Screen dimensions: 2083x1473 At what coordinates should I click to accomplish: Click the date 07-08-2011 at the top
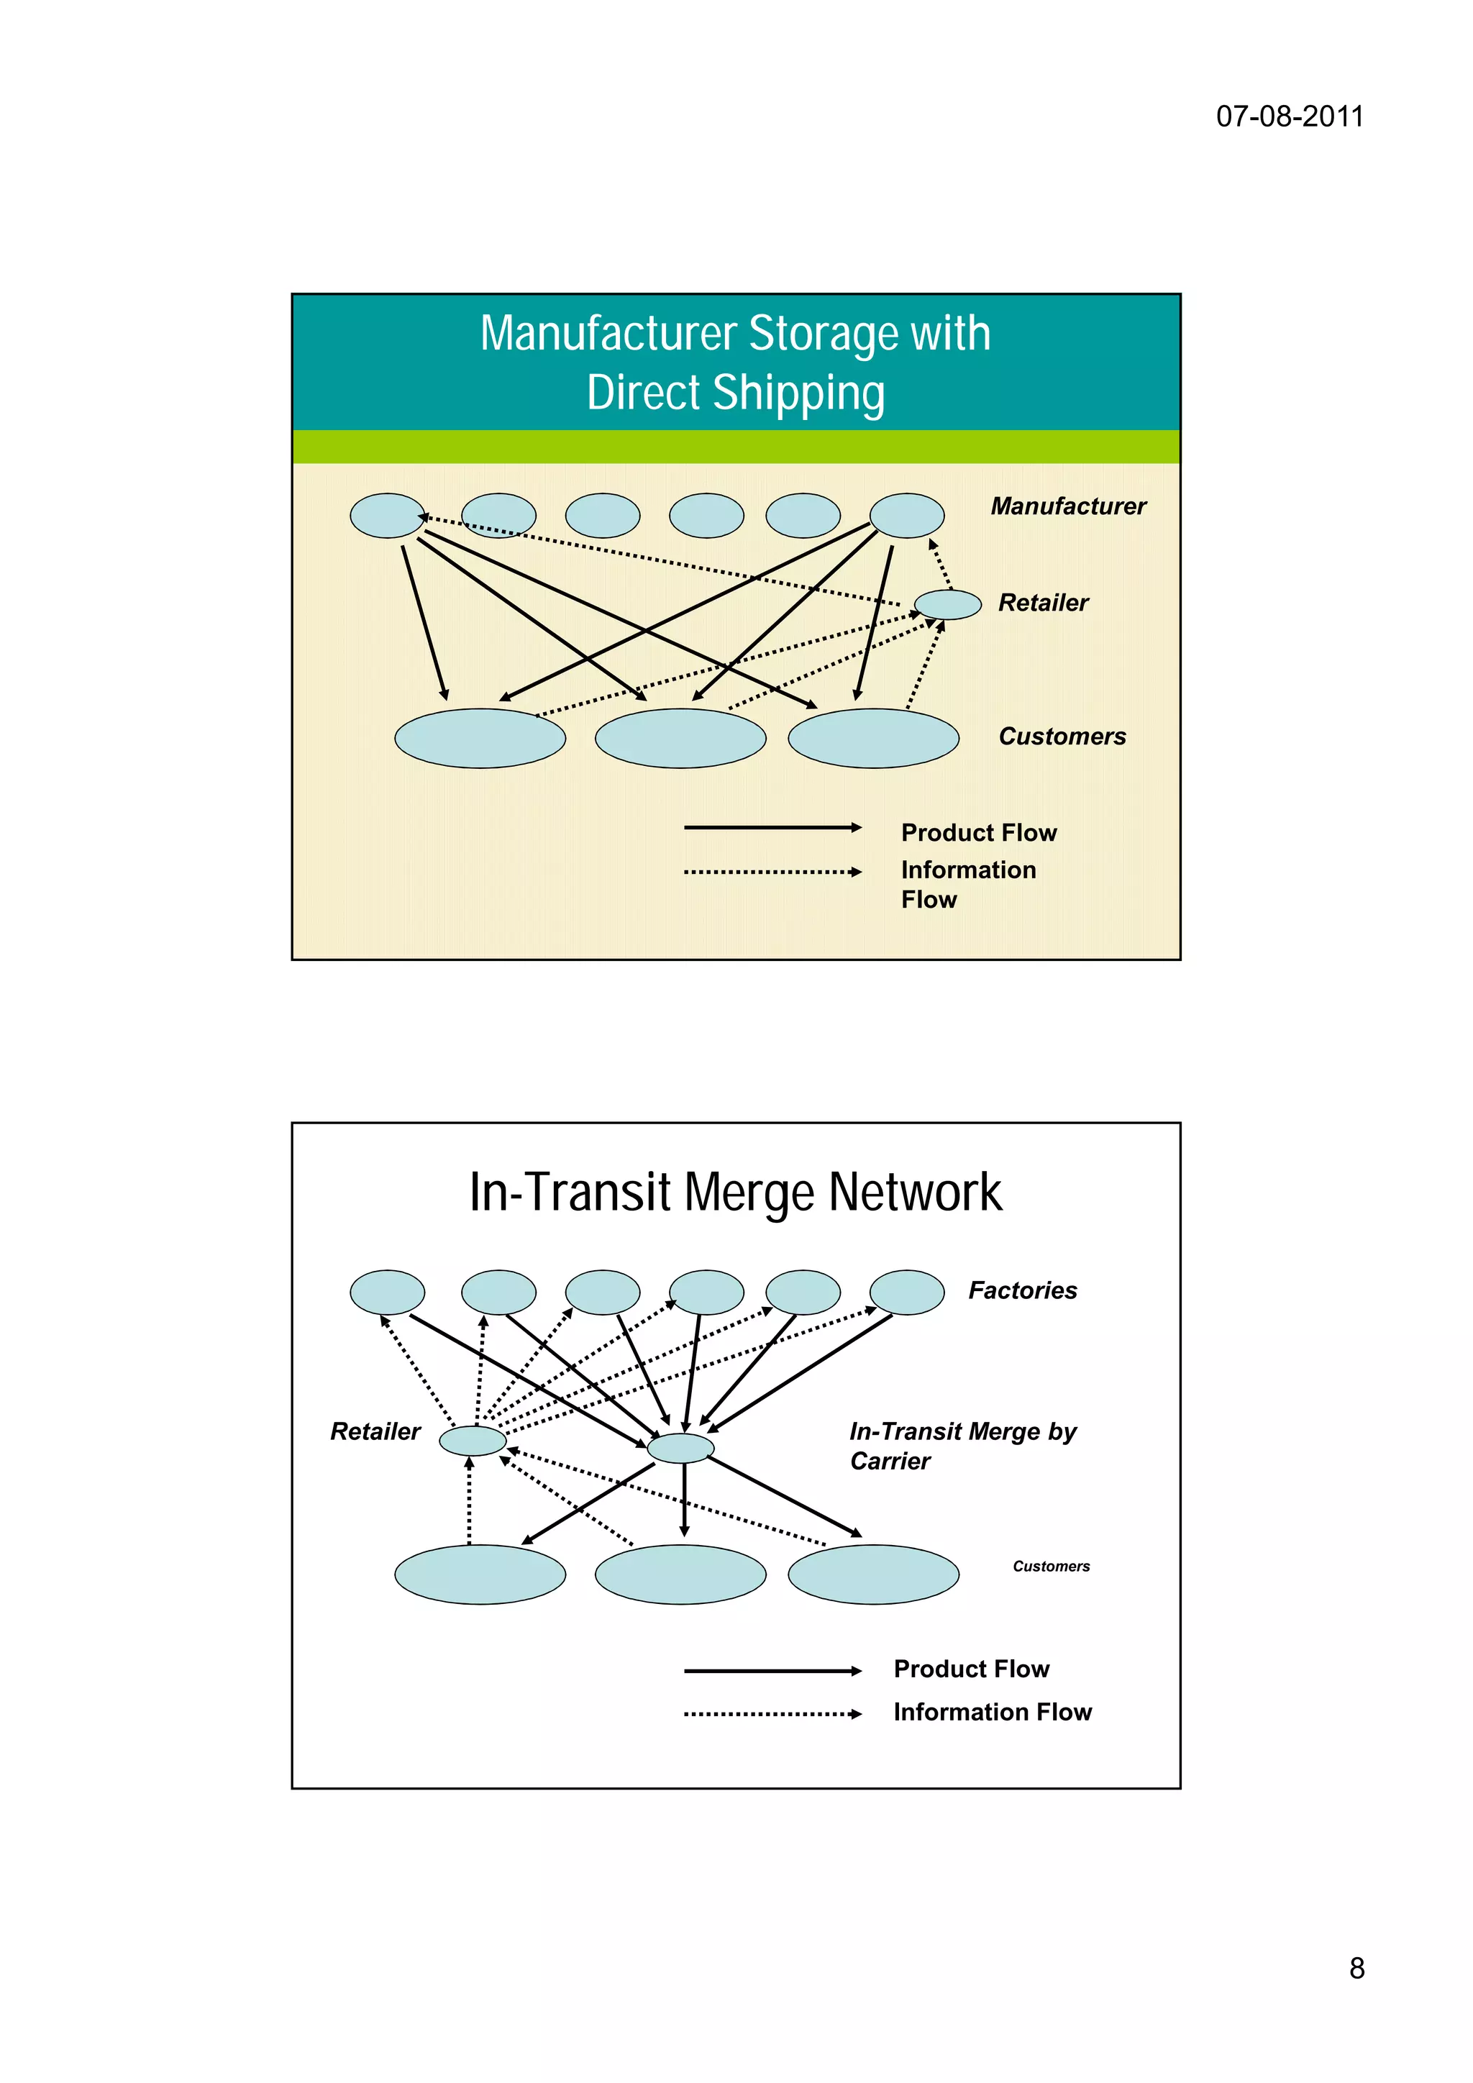[x=1289, y=117]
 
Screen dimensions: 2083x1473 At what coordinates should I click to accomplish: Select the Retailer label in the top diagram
[x=1043, y=603]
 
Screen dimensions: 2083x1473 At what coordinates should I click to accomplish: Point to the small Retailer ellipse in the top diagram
[x=947, y=604]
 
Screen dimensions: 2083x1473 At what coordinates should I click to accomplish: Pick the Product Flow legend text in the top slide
[x=979, y=833]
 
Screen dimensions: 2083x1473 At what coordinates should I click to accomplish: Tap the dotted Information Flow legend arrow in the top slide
[x=772, y=872]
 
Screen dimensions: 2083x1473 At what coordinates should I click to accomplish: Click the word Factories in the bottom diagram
[x=1022, y=1290]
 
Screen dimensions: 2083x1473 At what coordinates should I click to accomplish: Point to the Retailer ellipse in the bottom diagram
[x=473, y=1441]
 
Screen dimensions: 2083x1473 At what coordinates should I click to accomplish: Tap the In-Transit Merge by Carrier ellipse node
[x=680, y=1448]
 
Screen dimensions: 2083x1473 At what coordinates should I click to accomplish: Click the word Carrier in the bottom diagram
[x=890, y=1462]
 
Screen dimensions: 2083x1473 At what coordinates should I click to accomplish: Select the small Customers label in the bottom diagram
[x=1052, y=1567]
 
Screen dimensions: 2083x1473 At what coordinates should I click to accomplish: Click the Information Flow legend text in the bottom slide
[x=993, y=1712]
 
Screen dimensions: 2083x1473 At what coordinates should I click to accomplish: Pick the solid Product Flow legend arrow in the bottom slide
[x=772, y=1671]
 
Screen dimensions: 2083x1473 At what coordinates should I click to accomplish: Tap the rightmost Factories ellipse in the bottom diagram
[x=906, y=1292]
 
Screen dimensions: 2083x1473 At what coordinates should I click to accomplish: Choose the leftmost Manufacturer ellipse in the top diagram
[x=387, y=515]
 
